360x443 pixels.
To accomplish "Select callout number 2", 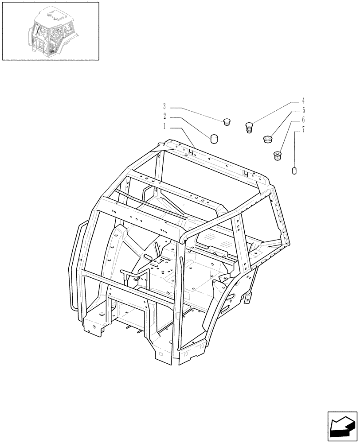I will pyautogui.click(x=164, y=117).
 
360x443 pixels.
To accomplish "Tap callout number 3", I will pyautogui.click(x=164, y=107).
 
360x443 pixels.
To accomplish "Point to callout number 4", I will pyautogui.click(x=303, y=101).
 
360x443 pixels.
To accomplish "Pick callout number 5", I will pyautogui.click(x=303, y=110).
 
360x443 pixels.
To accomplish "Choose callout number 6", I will pyautogui.click(x=303, y=120).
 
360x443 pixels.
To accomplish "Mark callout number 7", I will pyautogui.click(x=303, y=130).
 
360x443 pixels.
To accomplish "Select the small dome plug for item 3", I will pyautogui.click(x=228, y=121).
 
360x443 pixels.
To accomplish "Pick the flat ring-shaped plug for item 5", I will pyautogui.click(x=267, y=139).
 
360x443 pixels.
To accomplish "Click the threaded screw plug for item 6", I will pyautogui.click(x=277, y=156).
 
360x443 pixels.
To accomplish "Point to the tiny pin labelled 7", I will pyautogui.click(x=294, y=171).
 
